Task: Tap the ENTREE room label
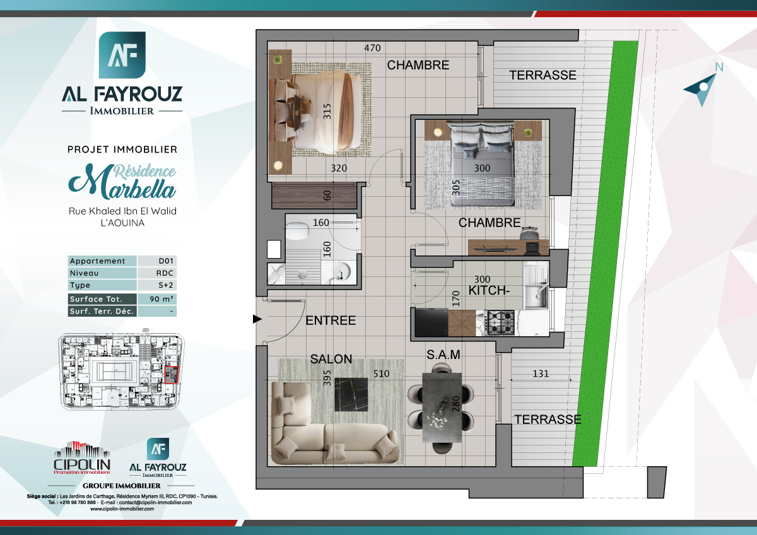pyautogui.click(x=331, y=320)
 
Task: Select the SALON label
pyautogui.click(x=331, y=359)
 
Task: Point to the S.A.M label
pyautogui.click(x=443, y=355)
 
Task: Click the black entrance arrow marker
pyautogui.click(x=257, y=319)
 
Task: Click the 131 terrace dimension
pyautogui.click(x=540, y=373)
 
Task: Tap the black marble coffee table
pyautogui.click(x=350, y=394)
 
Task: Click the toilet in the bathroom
pyautogui.click(x=296, y=230)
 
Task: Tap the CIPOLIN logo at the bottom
pyautogui.click(x=82, y=459)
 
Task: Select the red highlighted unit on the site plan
pyautogui.click(x=171, y=374)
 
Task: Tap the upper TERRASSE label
pyautogui.click(x=543, y=75)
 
